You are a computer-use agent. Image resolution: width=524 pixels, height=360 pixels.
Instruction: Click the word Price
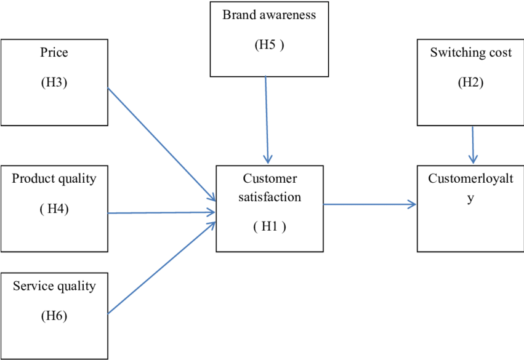pos(54,53)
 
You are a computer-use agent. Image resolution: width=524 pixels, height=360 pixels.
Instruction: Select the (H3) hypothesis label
pos(54,82)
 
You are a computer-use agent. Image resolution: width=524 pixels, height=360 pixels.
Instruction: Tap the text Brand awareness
pos(269,15)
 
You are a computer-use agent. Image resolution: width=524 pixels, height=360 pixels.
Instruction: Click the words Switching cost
pos(470,53)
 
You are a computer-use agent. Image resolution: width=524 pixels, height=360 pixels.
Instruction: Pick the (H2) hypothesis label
pos(470,82)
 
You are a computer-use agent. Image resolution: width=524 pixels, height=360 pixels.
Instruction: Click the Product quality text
pos(54,179)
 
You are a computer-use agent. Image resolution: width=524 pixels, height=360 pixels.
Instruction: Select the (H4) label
pos(54,209)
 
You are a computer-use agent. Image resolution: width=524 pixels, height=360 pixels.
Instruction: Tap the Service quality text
pos(54,286)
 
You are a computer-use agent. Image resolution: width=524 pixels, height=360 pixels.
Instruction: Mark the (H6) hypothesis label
pos(54,316)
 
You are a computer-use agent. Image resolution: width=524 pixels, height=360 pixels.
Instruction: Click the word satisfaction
pos(270,198)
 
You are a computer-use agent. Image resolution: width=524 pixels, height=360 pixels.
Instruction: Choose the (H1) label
pos(270,226)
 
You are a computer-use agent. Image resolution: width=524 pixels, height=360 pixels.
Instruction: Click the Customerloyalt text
pos(470,179)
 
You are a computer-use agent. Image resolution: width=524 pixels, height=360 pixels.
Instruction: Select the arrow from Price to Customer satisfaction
pos(161,144)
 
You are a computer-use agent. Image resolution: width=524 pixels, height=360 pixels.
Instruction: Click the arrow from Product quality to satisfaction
pos(161,213)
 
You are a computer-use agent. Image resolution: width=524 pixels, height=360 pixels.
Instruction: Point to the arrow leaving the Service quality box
pos(161,268)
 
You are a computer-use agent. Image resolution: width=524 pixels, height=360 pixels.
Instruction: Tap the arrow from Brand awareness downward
pos(267,120)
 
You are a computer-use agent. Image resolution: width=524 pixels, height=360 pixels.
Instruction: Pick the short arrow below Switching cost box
pos(473,145)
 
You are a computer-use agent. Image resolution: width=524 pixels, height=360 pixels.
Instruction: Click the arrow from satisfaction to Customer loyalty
pos(369,205)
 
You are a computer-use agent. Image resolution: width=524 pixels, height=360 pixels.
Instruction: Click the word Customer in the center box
pos(270,179)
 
